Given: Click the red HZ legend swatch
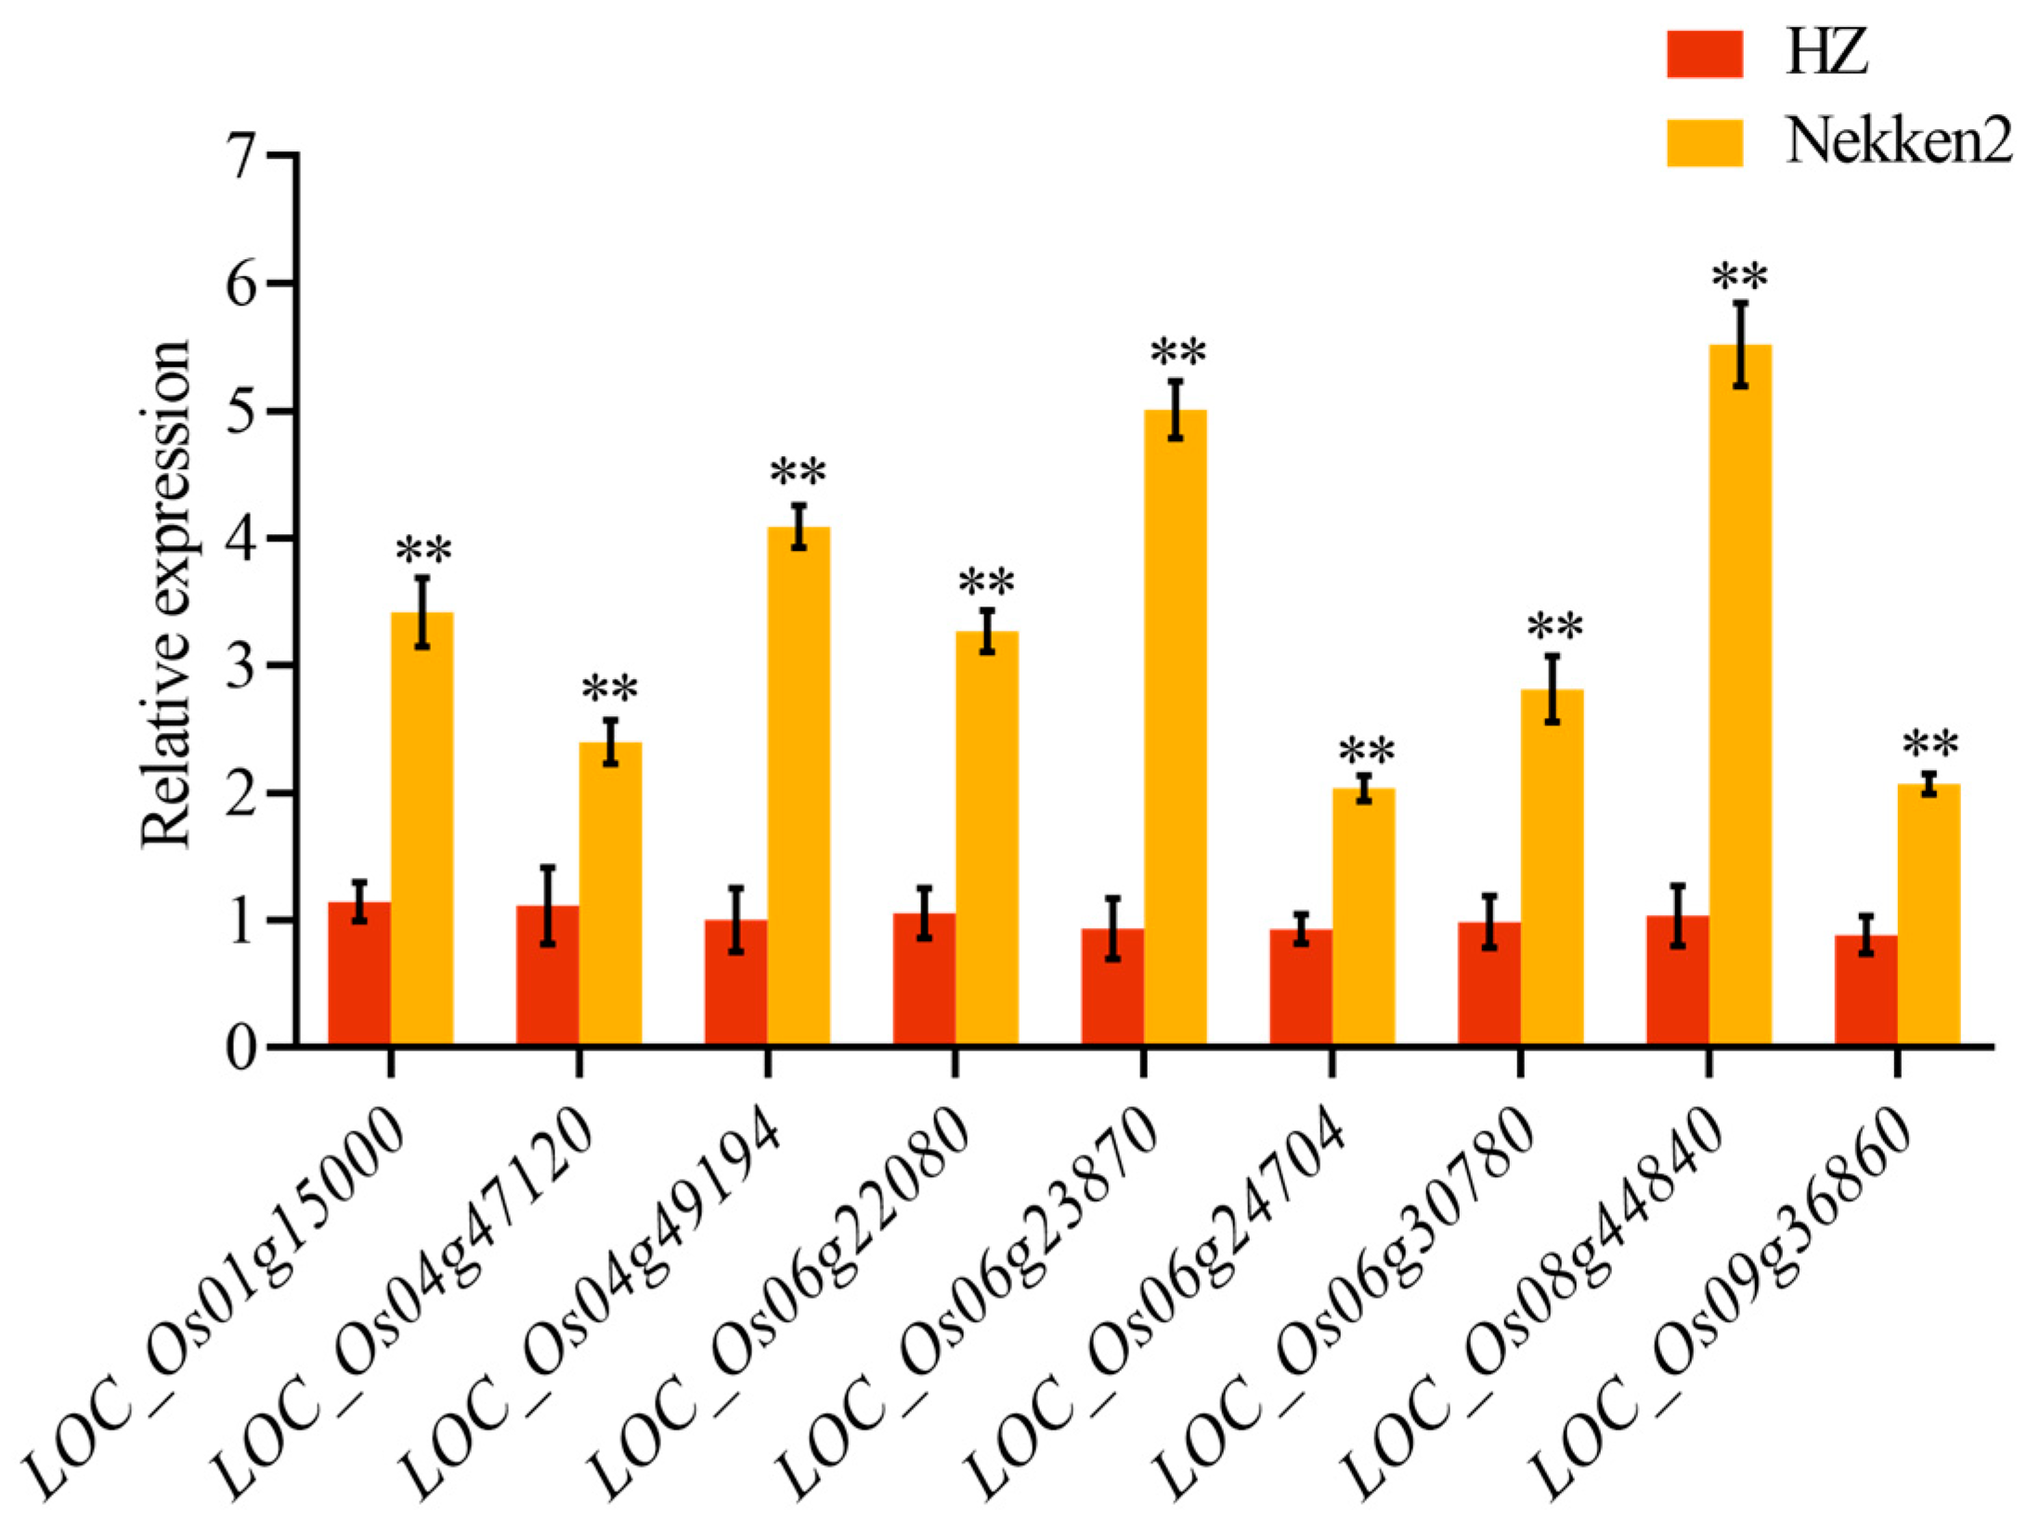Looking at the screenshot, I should [x=1704, y=54].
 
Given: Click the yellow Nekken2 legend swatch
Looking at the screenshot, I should [x=1704, y=143].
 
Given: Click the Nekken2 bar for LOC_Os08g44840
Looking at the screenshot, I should [x=1739, y=697].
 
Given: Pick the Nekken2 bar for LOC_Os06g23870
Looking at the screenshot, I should [x=1175, y=729].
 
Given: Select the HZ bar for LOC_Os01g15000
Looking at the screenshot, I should [x=359, y=975].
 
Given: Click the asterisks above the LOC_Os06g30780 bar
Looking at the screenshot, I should [x=1554, y=628].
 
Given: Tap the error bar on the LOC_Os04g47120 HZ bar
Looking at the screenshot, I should [x=548, y=906].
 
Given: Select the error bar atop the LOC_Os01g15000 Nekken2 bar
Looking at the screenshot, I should [x=422, y=612].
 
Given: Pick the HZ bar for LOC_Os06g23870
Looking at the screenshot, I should [x=1112, y=988].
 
